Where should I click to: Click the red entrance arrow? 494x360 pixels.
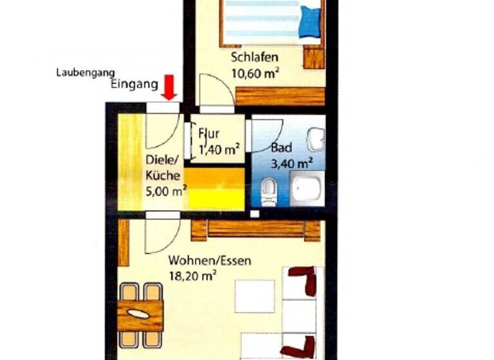[169, 87]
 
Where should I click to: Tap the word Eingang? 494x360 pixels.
[134, 84]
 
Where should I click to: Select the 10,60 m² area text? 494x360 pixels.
[255, 73]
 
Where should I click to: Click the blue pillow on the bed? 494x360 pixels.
[309, 22]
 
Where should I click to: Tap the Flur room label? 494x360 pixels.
[209, 134]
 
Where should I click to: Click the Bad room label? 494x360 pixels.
[282, 147]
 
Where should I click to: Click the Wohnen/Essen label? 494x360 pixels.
[210, 261]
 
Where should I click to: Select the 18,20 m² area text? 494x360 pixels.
[191, 276]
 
